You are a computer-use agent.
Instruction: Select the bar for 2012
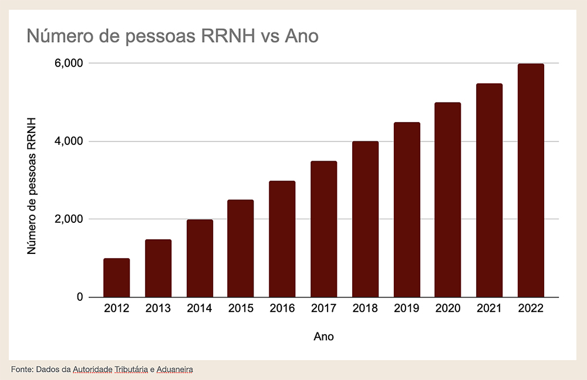tap(116, 277)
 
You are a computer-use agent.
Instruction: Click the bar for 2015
tap(241, 248)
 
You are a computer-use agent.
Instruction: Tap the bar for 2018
tap(365, 219)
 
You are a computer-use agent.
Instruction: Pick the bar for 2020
tap(448, 199)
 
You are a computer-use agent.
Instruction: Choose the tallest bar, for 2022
tap(531, 180)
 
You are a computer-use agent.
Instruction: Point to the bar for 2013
tap(158, 268)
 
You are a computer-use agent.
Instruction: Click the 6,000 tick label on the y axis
tap(65, 63)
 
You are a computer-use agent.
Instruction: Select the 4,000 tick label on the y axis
tap(65, 141)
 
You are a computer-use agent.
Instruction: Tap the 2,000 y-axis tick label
tap(65, 219)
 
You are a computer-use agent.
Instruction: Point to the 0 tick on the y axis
tap(77, 297)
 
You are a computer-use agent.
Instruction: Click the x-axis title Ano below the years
tap(323, 337)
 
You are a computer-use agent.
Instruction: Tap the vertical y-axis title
tap(32, 185)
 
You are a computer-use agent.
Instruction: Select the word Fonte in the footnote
tap(22, 369)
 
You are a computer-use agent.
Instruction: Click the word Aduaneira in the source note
tap(176, 369)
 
